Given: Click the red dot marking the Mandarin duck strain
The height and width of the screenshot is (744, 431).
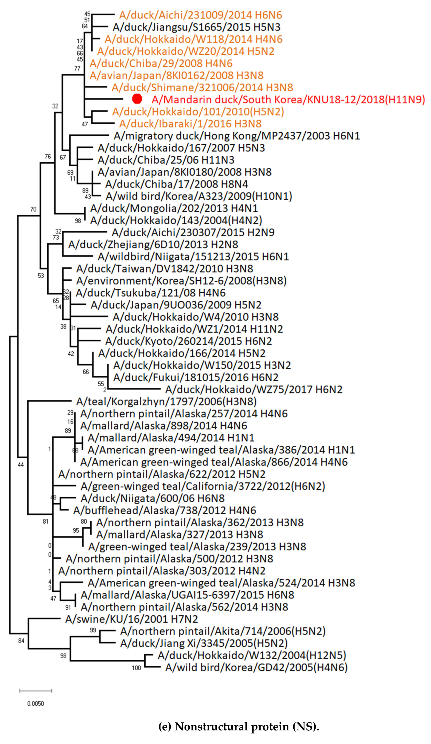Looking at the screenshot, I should point(137,99).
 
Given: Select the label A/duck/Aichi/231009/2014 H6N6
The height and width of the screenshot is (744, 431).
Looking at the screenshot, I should point(200,15).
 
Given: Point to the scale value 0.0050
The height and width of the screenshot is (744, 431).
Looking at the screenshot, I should point(35,703).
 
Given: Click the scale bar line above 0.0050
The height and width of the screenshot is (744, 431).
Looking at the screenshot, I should point(36,691).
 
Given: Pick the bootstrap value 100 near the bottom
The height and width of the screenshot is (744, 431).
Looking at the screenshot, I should point(136,668).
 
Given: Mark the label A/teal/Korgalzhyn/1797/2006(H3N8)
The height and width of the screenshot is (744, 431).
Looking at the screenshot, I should point(166,401).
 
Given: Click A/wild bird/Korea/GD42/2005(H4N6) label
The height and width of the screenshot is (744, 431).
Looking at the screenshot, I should point(256,667).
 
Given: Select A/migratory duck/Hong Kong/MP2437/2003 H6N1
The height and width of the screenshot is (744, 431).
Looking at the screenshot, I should point(237,136).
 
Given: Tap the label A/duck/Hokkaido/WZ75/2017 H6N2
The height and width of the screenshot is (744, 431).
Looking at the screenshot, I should point(254,389).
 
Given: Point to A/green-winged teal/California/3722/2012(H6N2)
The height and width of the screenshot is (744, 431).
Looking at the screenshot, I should point(203,486).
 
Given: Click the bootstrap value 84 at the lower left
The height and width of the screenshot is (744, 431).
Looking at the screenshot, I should point(21,641).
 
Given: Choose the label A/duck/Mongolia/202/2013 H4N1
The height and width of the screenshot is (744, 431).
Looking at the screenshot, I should point(174,208).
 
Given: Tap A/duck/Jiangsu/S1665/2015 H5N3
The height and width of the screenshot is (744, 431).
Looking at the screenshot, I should point(196,27).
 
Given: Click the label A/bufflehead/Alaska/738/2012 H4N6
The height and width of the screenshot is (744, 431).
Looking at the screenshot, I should point(165,510).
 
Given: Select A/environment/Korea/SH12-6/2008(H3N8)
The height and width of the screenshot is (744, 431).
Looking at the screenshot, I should point(181,280).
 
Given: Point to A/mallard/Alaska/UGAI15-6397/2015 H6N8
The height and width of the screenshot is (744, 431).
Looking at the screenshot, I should point(187,595).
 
